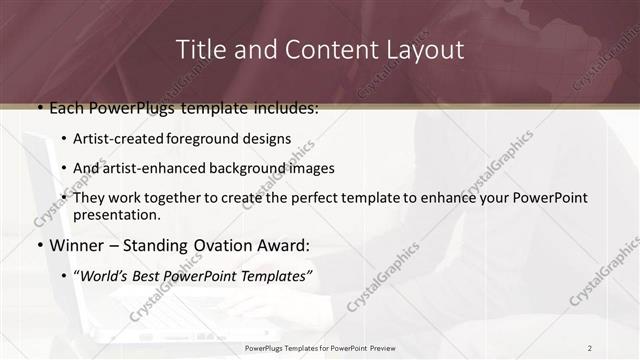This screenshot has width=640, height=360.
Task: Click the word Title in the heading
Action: [x=199, y=49]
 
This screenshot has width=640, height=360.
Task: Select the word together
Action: [x=179, y=198]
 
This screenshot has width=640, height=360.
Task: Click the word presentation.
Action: [x=116, y=214]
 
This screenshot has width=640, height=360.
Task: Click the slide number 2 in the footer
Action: [x=589, y=348]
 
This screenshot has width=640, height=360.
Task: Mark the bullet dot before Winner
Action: [x=39, y=245]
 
